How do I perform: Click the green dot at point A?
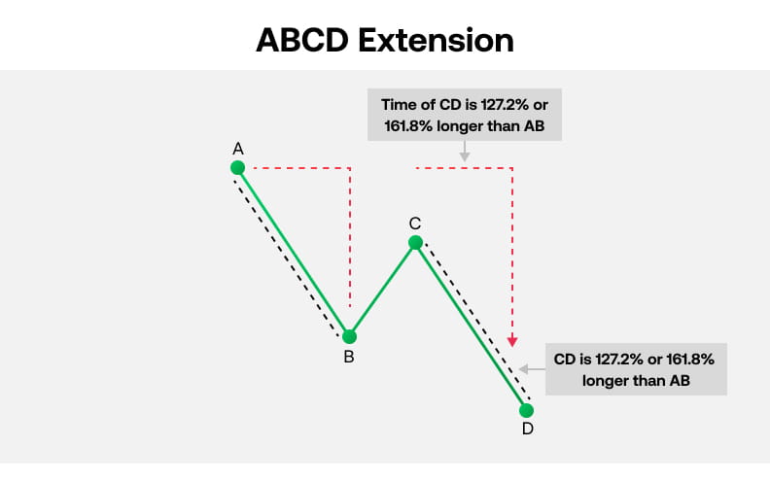coord(237,168)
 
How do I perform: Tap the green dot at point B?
coord(350,337)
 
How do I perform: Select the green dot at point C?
coord(415,242)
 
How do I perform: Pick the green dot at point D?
coord(527,410)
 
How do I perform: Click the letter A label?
coord(237,149)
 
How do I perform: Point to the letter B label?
coord(348,358)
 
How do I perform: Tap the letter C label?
coord(415,224)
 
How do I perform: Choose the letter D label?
coord(527,430)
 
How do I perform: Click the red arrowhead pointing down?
coord(512,341)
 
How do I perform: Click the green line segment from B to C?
coord(382,290)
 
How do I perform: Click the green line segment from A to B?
coord(294,253)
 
